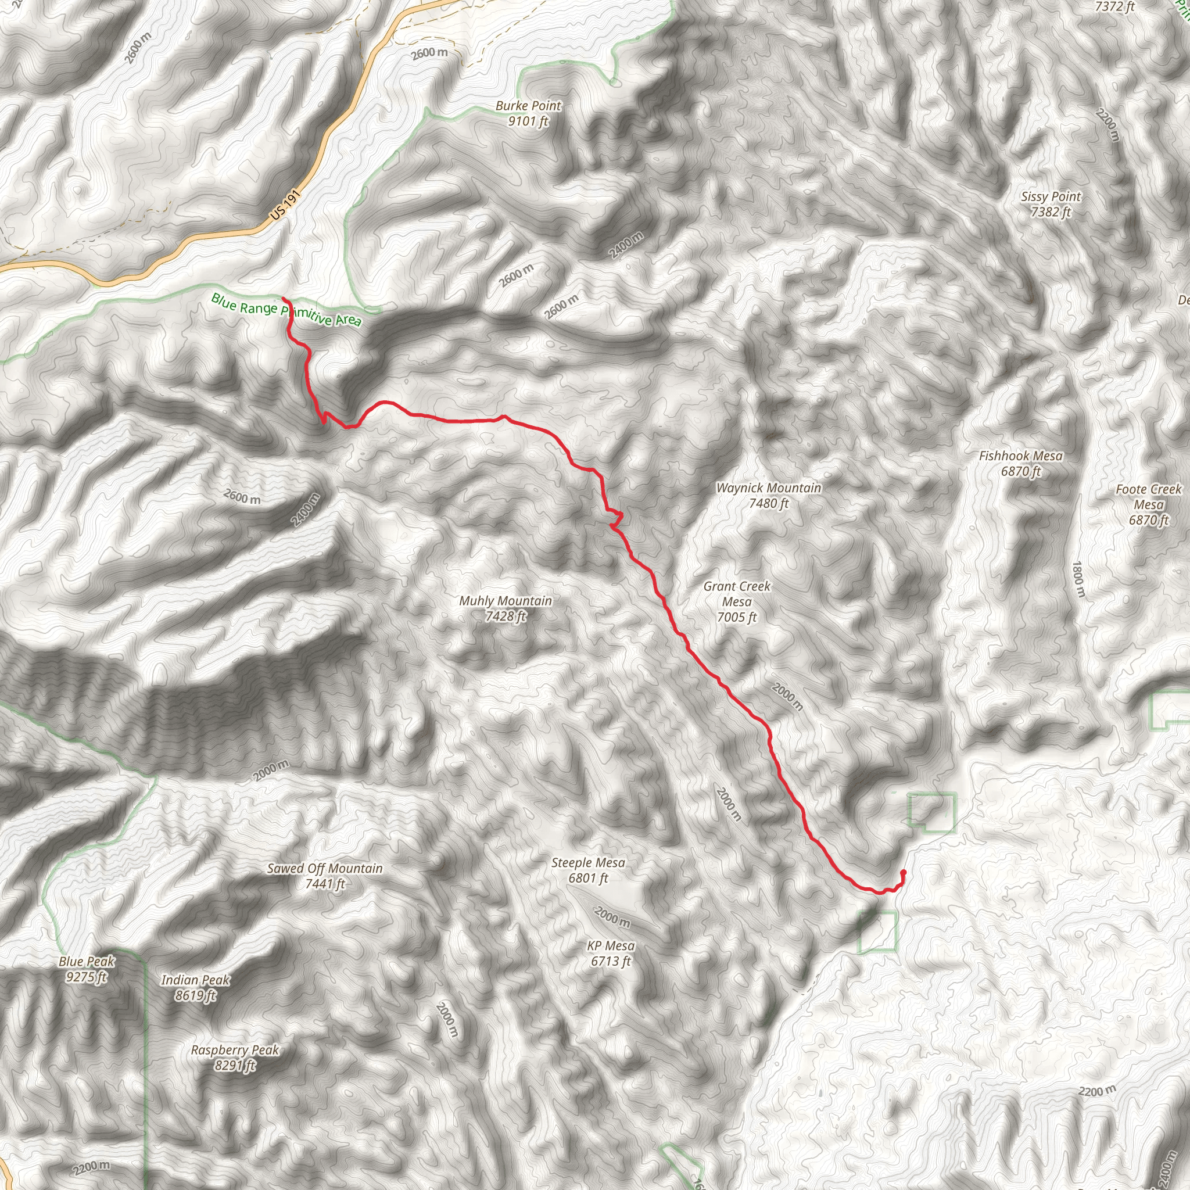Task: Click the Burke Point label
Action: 529,106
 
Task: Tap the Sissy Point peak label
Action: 1051,197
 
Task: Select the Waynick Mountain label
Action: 769,488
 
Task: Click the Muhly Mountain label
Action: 505,601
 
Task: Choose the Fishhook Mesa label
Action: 1020,456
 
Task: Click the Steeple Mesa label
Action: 588,863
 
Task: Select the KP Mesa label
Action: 611,945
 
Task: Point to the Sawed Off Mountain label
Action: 325,869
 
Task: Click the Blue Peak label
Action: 87,962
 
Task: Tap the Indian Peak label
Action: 195,980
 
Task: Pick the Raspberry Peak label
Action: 235,1050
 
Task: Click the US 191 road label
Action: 285,205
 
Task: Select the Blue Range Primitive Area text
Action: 286,310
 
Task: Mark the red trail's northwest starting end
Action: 283,299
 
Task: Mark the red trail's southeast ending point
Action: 903,872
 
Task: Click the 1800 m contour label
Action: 1078,578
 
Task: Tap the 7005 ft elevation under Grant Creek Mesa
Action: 737,617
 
